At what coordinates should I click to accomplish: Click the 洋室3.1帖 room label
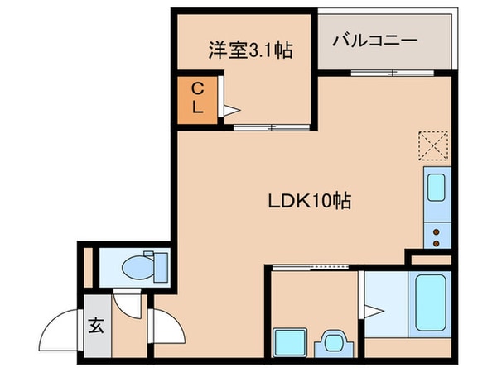(x=242, y=50)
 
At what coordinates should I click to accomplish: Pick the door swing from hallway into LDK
(x=166, y=324)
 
